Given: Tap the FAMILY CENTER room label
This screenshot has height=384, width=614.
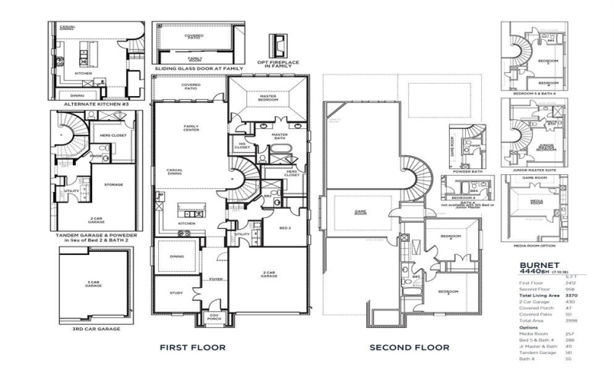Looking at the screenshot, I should coord(191,128).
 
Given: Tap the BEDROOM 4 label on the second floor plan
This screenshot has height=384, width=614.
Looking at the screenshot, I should coord(450,237).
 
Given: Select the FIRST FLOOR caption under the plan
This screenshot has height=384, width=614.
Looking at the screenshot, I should coord(192,348).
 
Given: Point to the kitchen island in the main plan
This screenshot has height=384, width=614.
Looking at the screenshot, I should coord(192,209).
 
